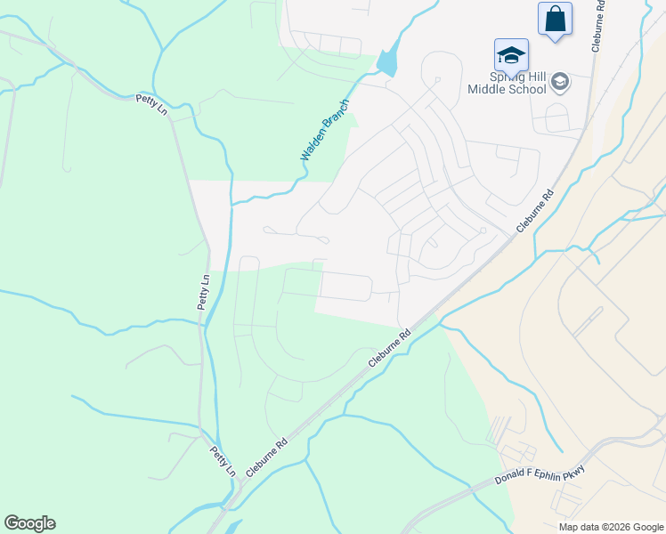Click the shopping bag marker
[x=555, y=19]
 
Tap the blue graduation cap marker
[x=511, y=54]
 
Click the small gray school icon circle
[x=560, y=83]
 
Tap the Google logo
[x=29, y=523]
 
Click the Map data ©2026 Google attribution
[x=610, y=527]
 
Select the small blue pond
[x=387, y=63]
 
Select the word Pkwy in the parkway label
[x=573, y=468]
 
